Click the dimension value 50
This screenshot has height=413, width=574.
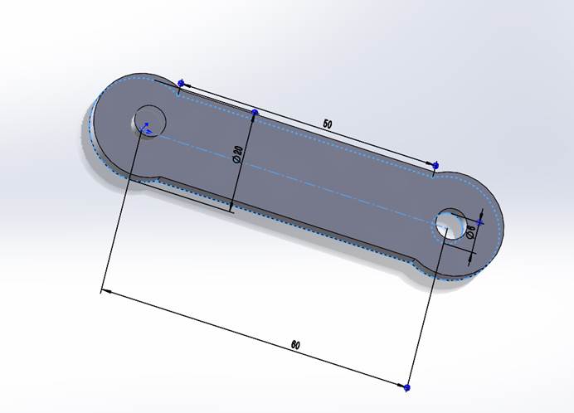tap(327, 124)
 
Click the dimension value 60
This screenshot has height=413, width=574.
tap(295, 344)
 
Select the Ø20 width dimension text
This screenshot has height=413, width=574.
tap(238, 155)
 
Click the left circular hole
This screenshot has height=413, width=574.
tap(149, 121)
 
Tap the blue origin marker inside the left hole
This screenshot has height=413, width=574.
tap(146, 127)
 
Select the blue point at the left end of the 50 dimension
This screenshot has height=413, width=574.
tap(182, 84)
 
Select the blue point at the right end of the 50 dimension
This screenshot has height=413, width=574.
tap(437, 166)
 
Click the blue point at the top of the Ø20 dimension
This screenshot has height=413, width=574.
tap(255, 112)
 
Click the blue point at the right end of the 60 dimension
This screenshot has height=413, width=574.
tap(408, 386)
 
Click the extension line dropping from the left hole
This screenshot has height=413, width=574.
tap(124, 207)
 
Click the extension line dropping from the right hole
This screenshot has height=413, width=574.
tap(427, 307)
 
